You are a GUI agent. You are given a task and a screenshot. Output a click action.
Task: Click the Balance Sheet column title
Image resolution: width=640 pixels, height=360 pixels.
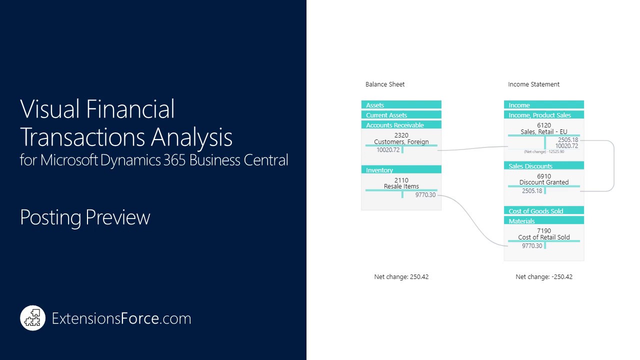[x=385, y=84]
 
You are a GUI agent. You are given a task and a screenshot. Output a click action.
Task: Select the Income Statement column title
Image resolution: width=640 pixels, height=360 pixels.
[x=533, y=84]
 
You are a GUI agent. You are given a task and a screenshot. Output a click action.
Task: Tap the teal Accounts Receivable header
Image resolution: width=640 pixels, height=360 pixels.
[x=401, y=125]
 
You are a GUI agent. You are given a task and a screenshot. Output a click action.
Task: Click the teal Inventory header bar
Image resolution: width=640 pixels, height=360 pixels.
[x=401, y=170]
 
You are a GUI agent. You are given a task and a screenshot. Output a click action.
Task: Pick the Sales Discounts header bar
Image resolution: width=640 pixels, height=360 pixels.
[x=543, y=166]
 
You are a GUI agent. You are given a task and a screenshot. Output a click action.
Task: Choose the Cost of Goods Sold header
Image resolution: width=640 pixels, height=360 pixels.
[x=543, y=211]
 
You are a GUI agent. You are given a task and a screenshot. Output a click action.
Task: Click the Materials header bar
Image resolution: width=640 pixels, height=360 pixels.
[x=543, y=221]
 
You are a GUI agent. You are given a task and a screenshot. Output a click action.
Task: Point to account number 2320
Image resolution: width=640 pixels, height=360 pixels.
[x=401, y=135]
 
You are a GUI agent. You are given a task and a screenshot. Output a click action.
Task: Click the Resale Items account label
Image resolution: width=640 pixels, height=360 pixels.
[x=401, y=186]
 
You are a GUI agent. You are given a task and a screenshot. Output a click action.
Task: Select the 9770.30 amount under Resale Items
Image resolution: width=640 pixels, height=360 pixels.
[x=425, y=195]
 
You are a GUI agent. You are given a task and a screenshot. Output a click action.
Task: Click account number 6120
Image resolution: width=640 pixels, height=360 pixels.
[x=544, y=125]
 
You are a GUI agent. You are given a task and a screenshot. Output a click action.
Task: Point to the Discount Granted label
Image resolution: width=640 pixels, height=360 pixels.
[x=544, y=182]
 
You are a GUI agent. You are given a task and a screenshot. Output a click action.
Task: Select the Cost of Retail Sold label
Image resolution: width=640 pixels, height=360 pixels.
[x=544, y=237]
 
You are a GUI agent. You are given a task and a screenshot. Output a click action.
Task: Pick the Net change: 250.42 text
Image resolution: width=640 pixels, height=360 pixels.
[x=401, y=276]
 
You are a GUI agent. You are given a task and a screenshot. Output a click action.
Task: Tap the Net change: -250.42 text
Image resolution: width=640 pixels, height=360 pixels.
[x=544, y=276]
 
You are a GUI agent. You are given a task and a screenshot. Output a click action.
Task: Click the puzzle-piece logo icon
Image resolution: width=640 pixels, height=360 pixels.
[x=33, y=318]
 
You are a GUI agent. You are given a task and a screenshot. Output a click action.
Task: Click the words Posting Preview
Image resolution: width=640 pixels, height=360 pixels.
[x=85, y=217]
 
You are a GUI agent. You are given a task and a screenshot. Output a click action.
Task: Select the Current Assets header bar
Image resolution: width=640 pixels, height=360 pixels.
[x=401, y=115]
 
